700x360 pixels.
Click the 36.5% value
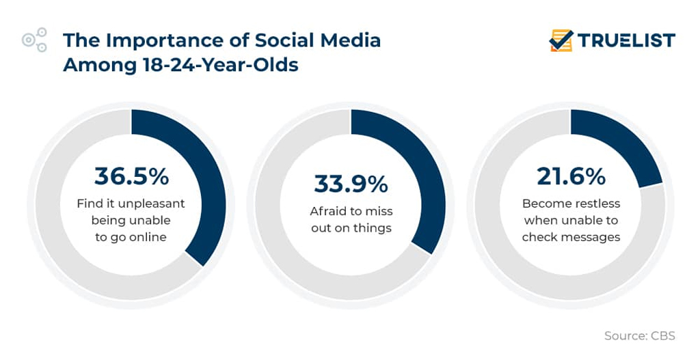(x=131, y=176)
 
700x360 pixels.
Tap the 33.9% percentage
(x=351, y=184)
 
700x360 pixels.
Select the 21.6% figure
(x=571, y=176)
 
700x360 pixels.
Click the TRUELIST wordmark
(x=626, y=40)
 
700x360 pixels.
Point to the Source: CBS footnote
(x=639, y=335)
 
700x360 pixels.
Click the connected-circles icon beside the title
(x=35, y=40)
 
